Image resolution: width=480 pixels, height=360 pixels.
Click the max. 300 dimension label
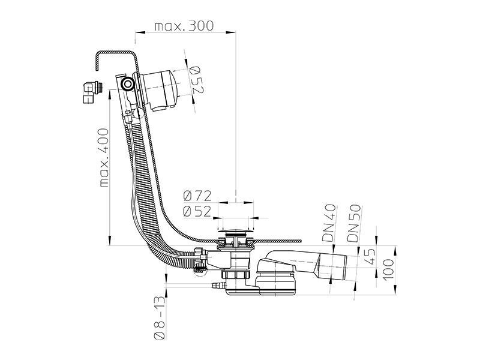click(x=184, y=26)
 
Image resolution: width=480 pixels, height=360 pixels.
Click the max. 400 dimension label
click(x=104, y=158)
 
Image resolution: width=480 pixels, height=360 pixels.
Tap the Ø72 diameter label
click(x=197, y=196)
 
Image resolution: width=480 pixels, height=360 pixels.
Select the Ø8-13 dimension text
click(x=160, y=318)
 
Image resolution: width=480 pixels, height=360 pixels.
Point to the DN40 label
click(x=329, y=223)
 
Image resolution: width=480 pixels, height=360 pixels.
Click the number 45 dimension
click(x=370, y=256)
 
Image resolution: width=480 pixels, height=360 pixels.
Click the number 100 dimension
click(x=388, y=269)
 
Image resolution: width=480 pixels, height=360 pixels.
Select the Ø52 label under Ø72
click(x=197, y=211)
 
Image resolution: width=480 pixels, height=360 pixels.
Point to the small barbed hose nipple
click(x=218, y=286)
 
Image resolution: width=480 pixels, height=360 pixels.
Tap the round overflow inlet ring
click(x=127, y=83)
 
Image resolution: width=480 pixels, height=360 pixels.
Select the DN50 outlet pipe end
click(x=333, y=265)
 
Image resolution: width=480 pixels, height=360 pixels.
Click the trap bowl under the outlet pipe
click(x=275, y=284)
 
